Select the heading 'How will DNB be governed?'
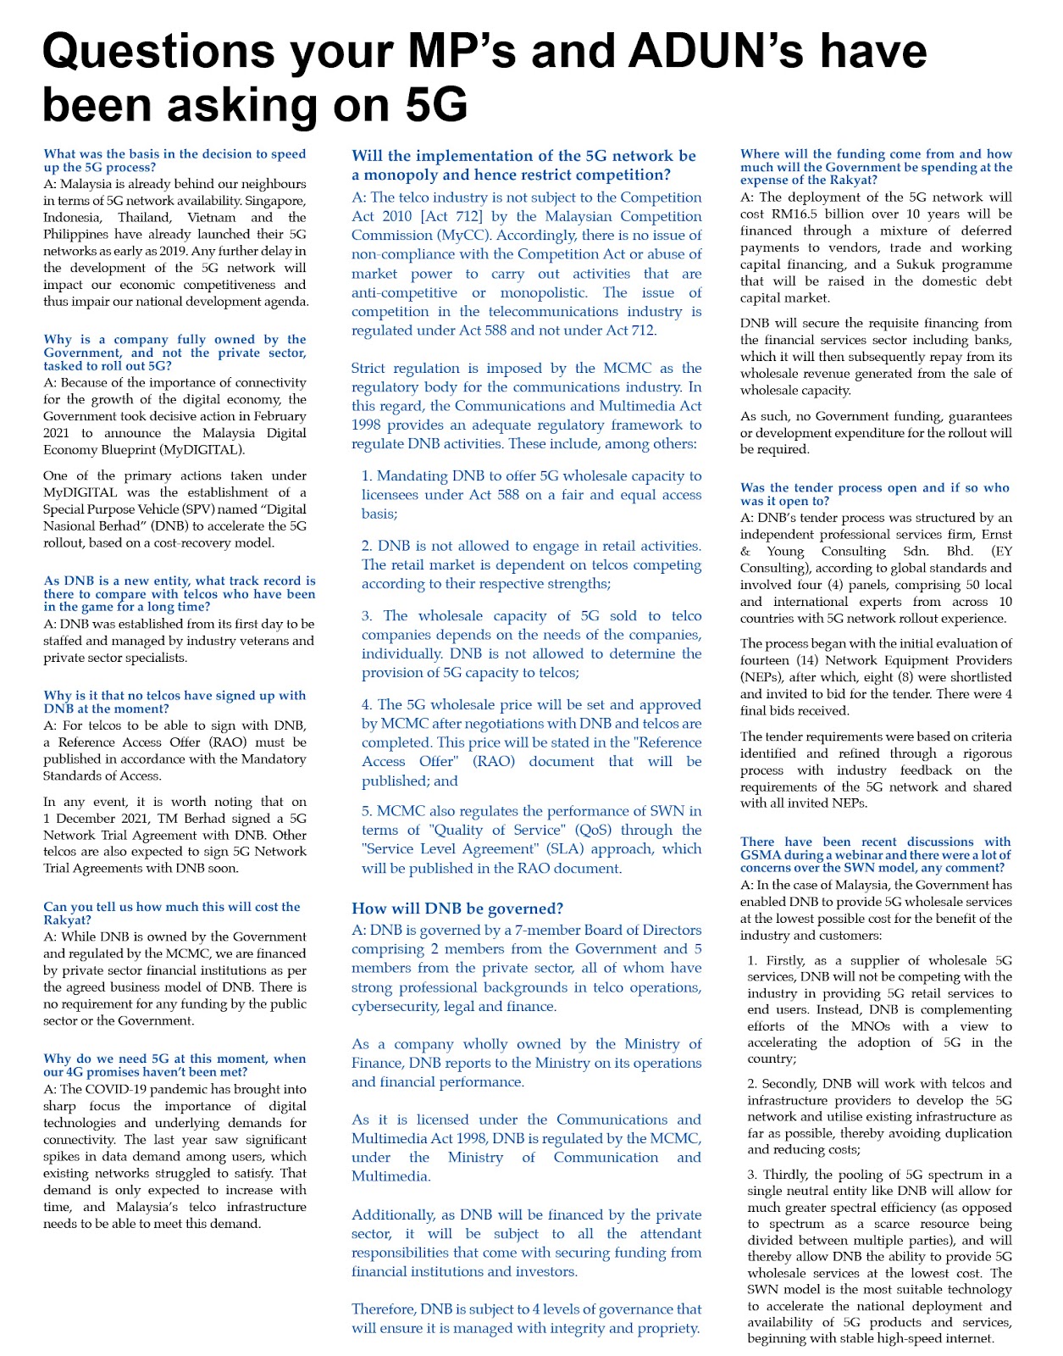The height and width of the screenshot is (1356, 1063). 457,909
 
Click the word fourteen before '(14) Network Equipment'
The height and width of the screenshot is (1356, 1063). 767,660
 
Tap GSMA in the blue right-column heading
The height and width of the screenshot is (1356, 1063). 761,854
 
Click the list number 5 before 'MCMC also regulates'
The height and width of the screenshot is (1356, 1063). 366,811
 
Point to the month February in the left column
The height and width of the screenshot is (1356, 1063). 277,416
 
